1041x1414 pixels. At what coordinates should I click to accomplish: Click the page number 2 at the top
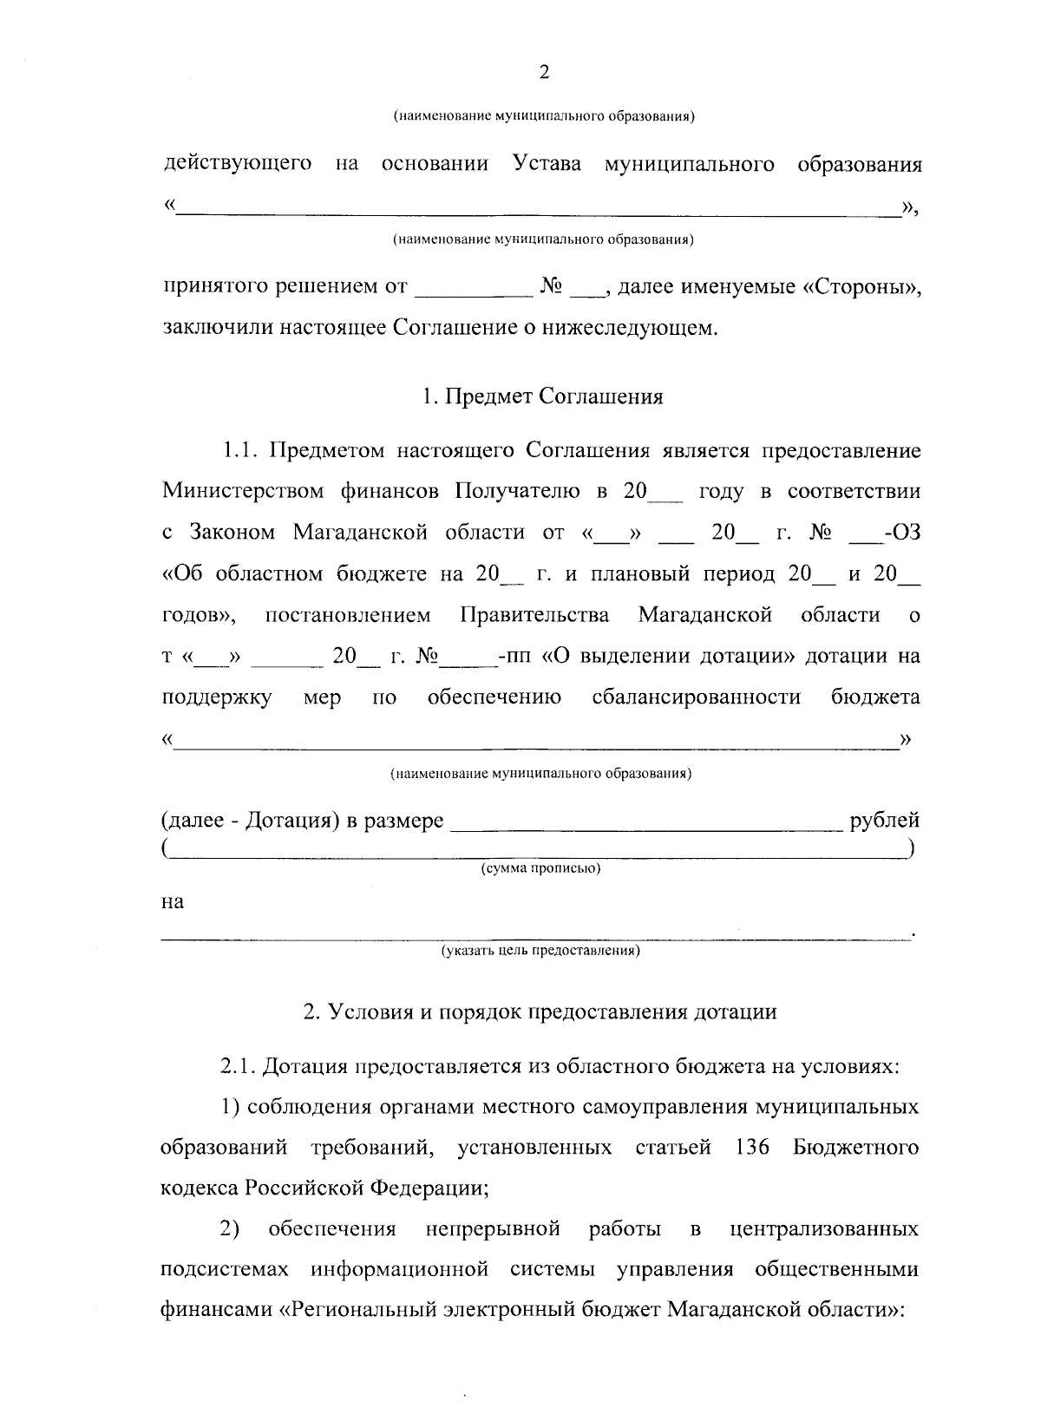coord(544,73)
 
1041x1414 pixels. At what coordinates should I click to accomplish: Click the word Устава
coord(547,164)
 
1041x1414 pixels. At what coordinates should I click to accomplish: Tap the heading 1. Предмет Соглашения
coord(542,396)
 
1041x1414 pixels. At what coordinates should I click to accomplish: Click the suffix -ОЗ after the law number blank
coord(900,533)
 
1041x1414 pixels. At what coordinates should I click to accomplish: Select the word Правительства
coord(534,615)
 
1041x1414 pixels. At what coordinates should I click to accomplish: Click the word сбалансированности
coord(696,697)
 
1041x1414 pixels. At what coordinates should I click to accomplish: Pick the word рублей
coord(885,821)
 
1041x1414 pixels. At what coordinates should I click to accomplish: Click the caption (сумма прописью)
coord(541,868)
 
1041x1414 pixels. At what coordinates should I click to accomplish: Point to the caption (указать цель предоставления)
coord(541,952)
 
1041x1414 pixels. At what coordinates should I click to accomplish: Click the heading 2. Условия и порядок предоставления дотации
coord(540,1011)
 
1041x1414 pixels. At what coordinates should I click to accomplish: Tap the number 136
coord(751,1148)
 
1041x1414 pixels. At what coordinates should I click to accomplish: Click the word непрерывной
coord(493,1229)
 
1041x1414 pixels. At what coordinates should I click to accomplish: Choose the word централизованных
coord(825,1229)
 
